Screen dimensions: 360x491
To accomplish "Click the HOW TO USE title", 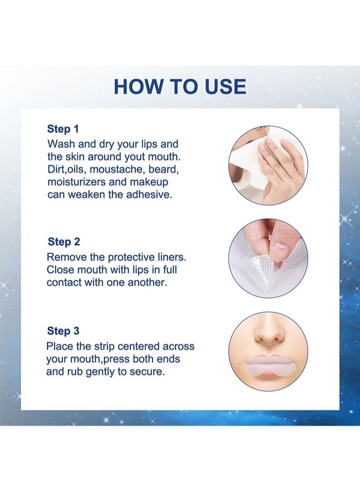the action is coord(180,86).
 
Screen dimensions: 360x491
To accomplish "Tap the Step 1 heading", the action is coord(63,129).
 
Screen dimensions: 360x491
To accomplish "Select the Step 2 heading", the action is coord(64,241).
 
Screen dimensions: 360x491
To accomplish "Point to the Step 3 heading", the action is coord(63,331).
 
